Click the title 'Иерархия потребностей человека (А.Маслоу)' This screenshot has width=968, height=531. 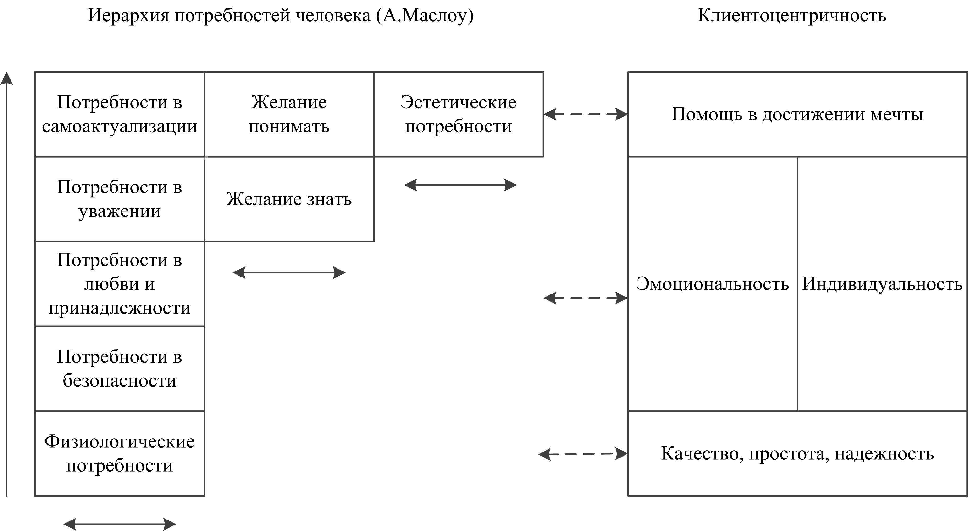280,16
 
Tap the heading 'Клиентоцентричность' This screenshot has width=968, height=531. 791,16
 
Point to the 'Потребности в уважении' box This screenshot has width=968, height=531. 120,199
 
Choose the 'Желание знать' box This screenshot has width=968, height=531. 289,199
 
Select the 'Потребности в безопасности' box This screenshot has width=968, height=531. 120,368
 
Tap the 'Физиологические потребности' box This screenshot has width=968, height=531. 120,453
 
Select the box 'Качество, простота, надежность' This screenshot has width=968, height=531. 797,453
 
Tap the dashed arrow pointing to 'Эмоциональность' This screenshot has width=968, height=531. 586,298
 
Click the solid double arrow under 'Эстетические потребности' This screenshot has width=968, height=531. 460,185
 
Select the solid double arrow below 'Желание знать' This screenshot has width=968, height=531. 289,273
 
